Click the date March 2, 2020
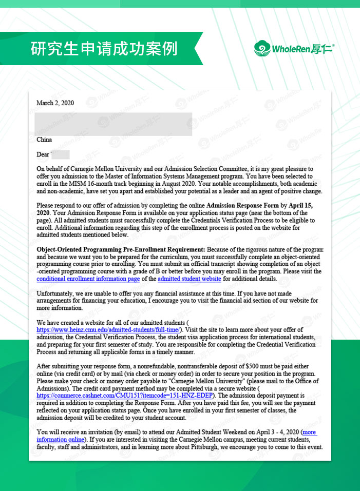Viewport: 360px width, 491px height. click(55, 103)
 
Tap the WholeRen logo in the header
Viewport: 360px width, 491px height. click(293, 49)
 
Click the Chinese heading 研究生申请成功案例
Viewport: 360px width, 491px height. click(104, 49)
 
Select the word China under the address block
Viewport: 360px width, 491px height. click(44, 140)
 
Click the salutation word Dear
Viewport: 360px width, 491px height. click(43, 154)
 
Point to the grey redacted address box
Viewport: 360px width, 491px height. click(113, 124)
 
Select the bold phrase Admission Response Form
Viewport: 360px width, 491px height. click(242, 206)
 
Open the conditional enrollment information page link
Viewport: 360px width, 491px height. click(88, 279)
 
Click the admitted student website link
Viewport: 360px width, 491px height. click(189, 279)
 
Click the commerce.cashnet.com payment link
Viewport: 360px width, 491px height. click(126, 396)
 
